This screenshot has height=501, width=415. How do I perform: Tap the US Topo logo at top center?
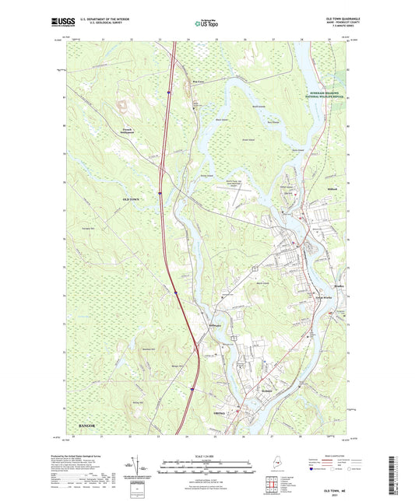tap(203, 24)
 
